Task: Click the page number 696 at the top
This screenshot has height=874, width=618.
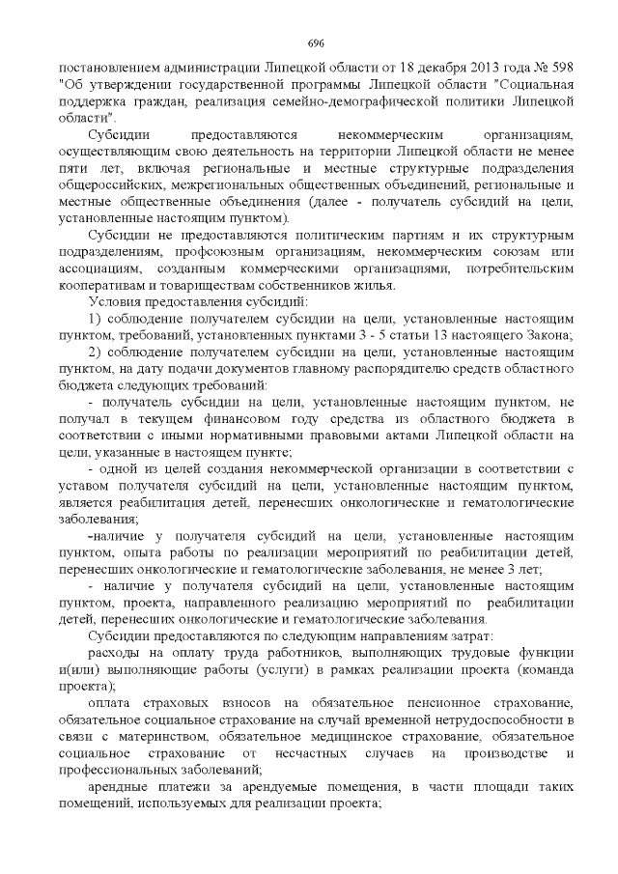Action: tap(315, 43)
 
